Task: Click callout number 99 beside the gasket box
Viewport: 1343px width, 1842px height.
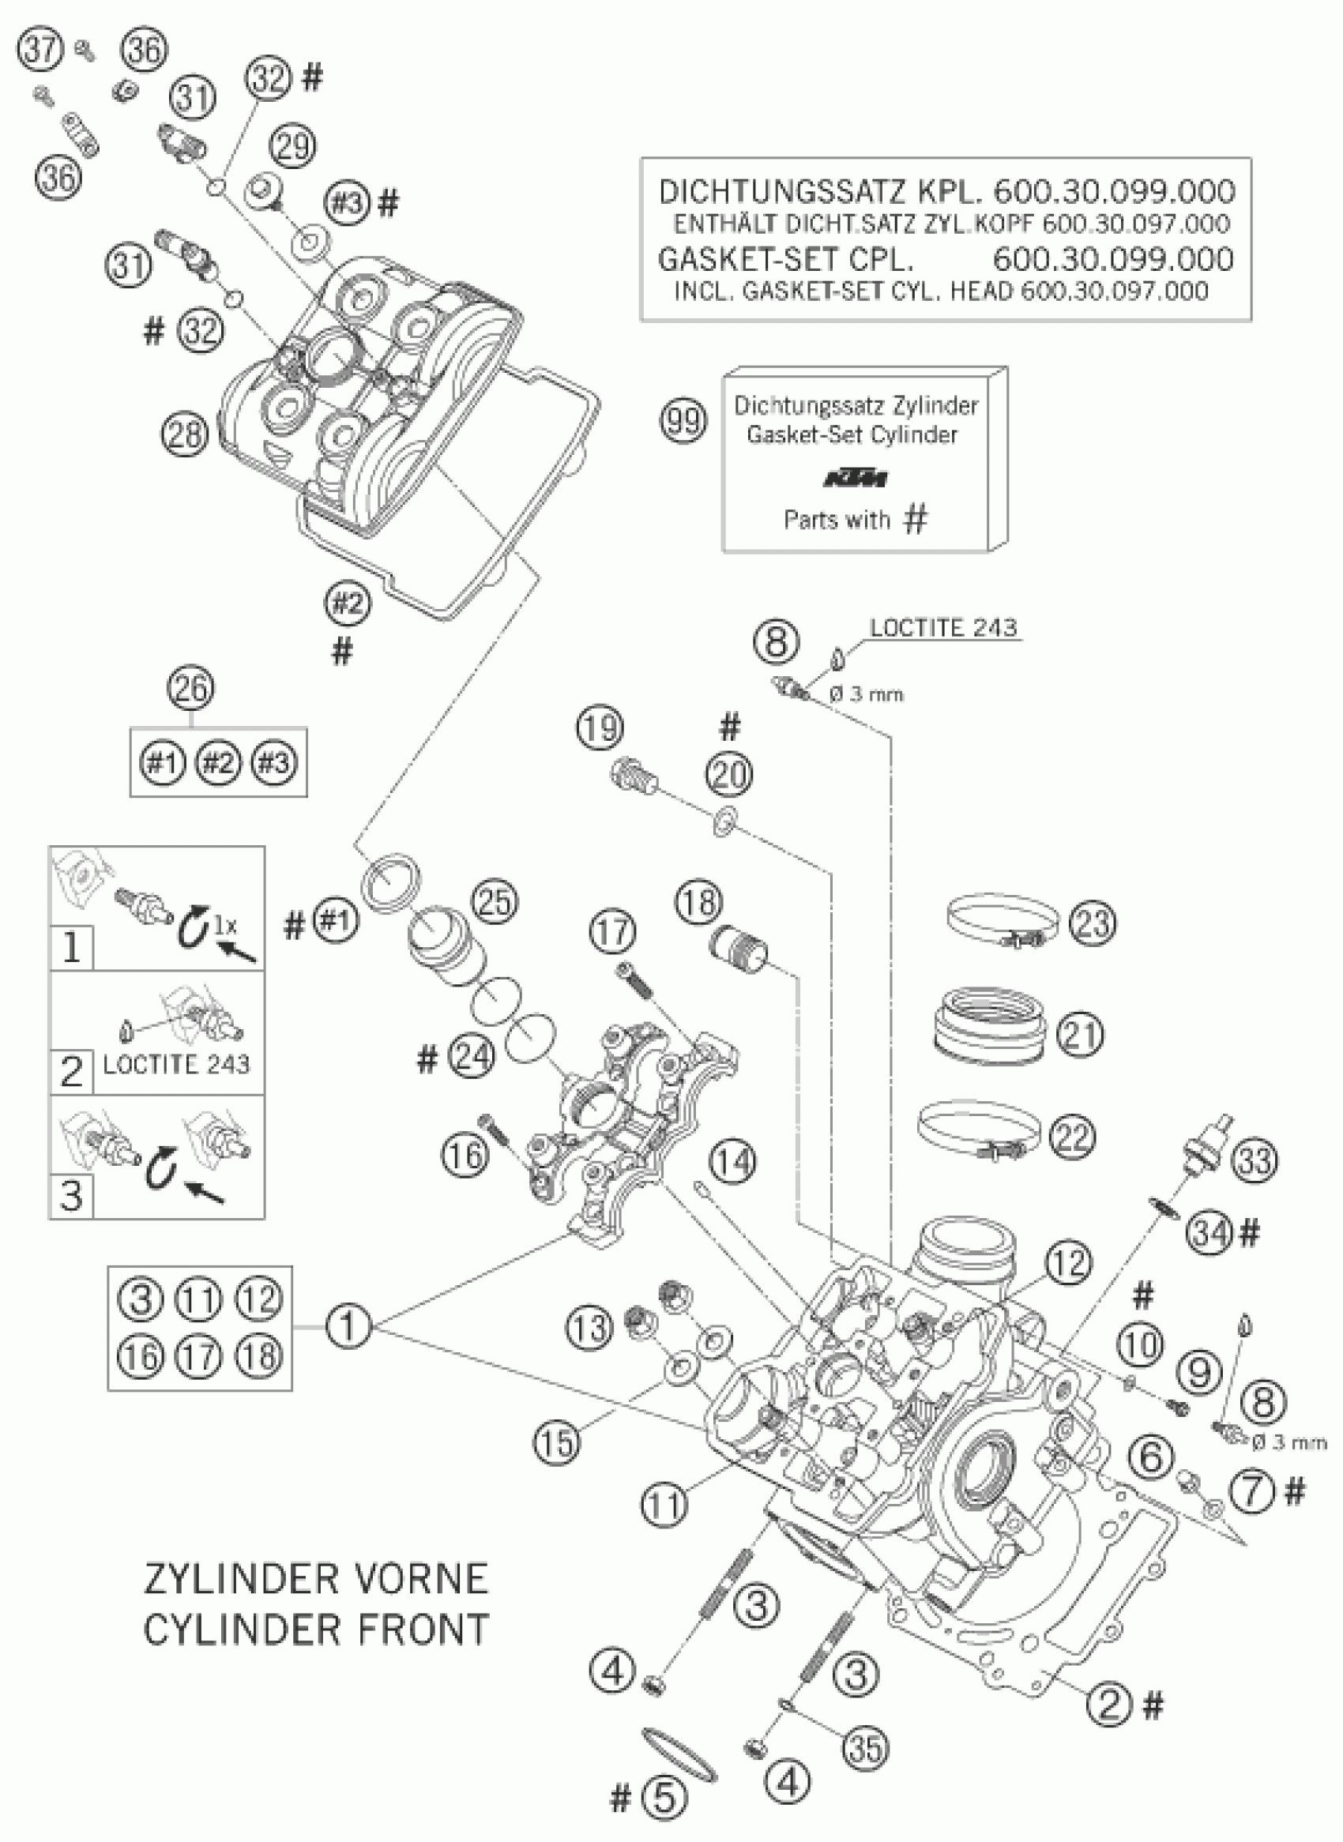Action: (x=683, y=421)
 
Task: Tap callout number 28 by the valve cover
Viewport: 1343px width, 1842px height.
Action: (x=186, y=434)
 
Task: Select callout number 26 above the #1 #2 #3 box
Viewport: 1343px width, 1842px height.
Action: (x=191, y=689)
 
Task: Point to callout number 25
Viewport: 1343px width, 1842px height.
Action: (x=495, y=902)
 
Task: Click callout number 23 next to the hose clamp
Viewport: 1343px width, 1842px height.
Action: (x=1093, y=923)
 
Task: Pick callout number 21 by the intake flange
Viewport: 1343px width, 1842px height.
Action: (x=1081, y=1035)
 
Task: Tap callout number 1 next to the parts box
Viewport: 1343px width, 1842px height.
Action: (x=347, y=1327)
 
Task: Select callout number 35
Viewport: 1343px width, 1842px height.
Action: (x=864, y=1749)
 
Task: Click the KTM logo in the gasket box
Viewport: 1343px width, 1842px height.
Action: (x=856, y=479)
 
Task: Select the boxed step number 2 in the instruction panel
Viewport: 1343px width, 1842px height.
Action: (x=71, y=1070)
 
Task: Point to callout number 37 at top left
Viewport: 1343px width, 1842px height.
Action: (x=40, y=50)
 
